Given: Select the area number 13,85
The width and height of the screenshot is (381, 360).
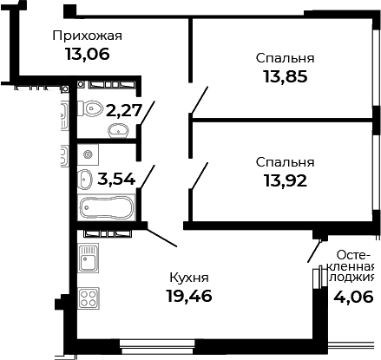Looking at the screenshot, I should pyautogui.click(x=285, y=75).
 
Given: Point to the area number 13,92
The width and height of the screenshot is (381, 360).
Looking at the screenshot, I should pyautogui.click(x=285, y=180).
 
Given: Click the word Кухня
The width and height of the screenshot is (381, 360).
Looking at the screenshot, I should pyautogui.click(x=188, y=278).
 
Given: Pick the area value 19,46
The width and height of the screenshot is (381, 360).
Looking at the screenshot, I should pyautogui.click(x=188, y=295).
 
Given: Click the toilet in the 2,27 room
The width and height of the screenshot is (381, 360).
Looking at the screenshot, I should pyautogui.click(x=92, y=108).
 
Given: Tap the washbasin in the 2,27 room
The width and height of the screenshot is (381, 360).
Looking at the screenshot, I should pyautogui.click(x=119, y=130).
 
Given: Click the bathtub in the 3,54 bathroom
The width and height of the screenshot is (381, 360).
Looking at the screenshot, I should pyautogui.click(x=107, y=209).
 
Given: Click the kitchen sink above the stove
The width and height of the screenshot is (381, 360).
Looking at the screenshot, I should pyautogui.click(x=88, y=258).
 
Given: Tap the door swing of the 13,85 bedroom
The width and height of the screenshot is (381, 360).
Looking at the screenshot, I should pyautogui.click(x=199, y=101).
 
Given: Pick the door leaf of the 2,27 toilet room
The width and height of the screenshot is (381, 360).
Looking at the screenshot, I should pyautogui.click(x=148, y=114).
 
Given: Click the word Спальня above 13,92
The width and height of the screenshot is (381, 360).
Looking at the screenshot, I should pyautogui.click(x=285, y=162).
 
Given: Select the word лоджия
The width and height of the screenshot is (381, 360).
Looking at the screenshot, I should pyautogui.click(x=354, y=278).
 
